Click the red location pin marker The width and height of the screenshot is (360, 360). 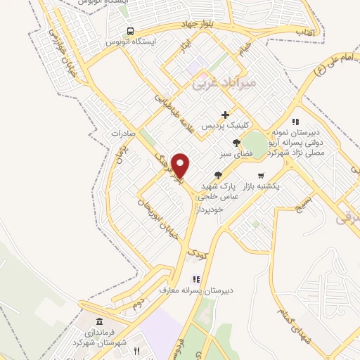click(181, 165)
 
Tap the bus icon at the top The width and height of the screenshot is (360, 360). click(130, 30)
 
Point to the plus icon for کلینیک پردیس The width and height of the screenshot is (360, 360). click(225, 115)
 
